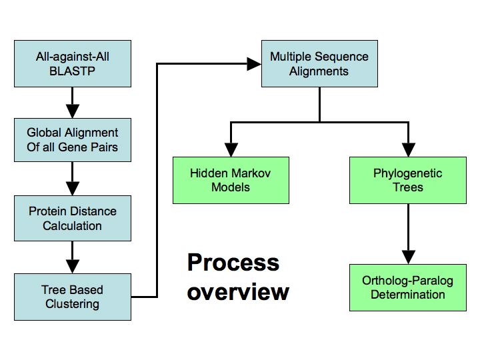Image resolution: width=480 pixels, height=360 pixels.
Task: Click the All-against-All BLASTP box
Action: (x=73, y=64)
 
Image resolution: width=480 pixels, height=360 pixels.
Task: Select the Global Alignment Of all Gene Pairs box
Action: (x=73, y=140)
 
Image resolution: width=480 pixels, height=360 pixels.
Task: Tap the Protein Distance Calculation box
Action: (x=73, y=218)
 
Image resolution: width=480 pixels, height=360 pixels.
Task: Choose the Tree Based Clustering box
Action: (x=73, y=297)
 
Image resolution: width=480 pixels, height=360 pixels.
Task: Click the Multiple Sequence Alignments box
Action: (x=319, y=64)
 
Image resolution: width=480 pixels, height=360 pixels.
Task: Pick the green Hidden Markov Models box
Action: (x=231, y=180)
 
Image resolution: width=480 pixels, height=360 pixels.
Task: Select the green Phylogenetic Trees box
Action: (x=408, y=180)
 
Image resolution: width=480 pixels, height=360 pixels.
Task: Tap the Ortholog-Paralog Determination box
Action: (x=408, y=288)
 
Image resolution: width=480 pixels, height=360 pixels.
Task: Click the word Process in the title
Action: (x=233, y=263)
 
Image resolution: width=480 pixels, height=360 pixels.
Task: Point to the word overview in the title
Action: (x=238, y=292)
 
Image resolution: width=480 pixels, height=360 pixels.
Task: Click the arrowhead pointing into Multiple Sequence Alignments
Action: (x=254, y=64)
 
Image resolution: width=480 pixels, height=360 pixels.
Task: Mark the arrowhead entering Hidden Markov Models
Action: (x=231, y=150)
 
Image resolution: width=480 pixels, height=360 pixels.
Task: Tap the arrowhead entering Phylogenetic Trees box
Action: (x=409, y=150)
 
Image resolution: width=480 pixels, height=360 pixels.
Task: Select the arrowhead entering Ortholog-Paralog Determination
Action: (x=409, y=257)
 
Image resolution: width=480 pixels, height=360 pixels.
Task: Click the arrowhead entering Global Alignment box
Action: (x=73, y=111)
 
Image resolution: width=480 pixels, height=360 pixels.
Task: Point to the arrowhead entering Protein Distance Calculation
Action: (x=73, y=189)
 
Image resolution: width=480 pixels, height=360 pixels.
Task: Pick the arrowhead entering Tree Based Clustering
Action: (x=73, y=266)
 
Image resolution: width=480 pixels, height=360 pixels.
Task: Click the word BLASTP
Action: (x=72, y=71)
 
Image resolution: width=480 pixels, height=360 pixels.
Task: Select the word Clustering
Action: (x=72, y=304)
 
